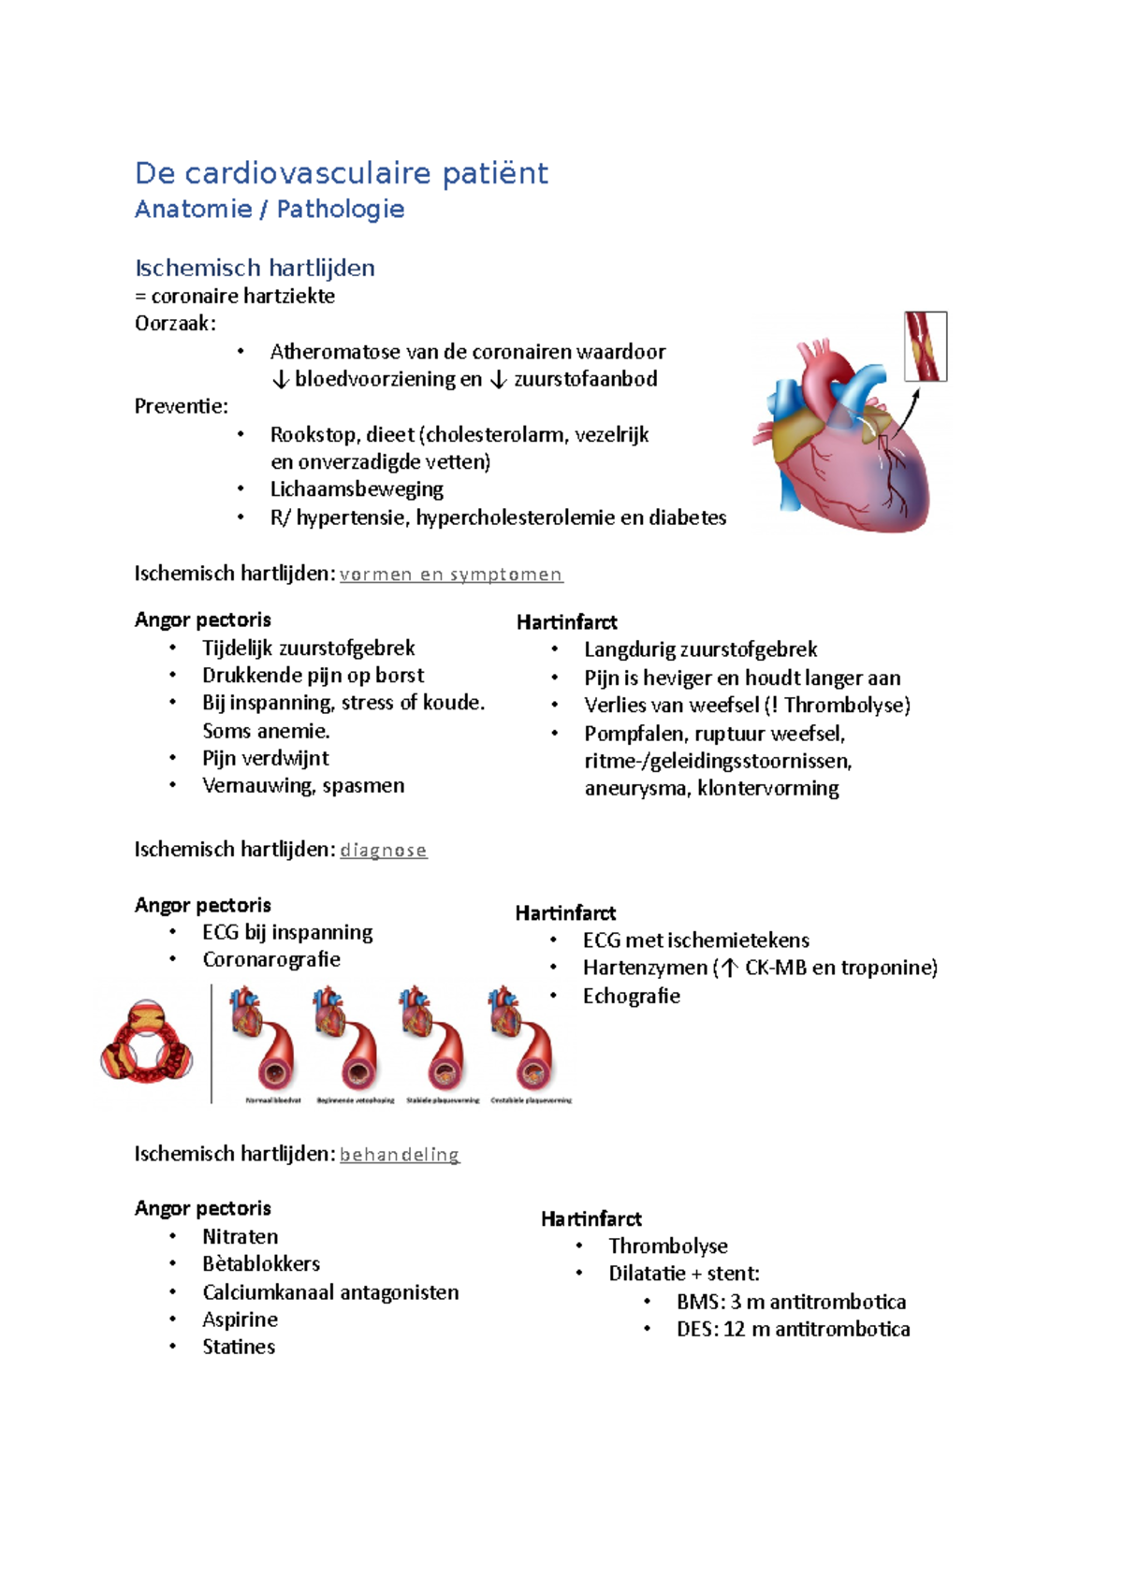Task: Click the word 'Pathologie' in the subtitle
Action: (341, 209)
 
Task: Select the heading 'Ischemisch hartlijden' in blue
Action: (255, 268)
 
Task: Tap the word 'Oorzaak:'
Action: (175, 324)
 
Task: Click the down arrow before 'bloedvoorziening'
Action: (280, 380)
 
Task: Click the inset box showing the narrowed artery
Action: (926, 346)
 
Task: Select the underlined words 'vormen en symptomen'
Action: (450, 575)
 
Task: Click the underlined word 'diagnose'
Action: (383, 851)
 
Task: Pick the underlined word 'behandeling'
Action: (399, 1155)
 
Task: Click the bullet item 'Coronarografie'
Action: (270, 959)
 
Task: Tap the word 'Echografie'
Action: (631, 996)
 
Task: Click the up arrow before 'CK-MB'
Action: (729, 969)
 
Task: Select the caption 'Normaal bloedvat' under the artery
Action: (273, 1101)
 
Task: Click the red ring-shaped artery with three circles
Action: (146, 1042)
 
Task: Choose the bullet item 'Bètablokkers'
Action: (260, 1263)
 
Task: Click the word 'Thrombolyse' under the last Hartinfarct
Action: (667, 1246)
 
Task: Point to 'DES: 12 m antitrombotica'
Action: (793, 1329)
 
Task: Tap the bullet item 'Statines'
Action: (239, 1347)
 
